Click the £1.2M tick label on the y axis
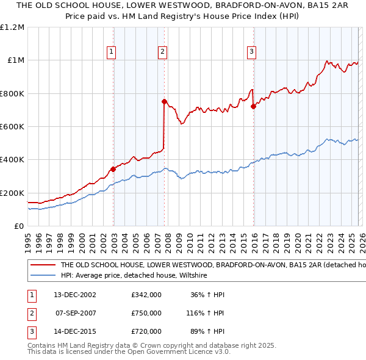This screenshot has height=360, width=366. [12, 27]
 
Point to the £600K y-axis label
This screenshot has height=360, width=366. [12, 127]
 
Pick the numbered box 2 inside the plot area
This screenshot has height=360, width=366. [163, 52]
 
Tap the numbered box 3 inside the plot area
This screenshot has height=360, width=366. [251, 52]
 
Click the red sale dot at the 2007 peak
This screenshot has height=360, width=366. [164, 102]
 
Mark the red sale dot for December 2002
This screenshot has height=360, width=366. [113, 169]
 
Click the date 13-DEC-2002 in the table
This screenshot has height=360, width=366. [75, 295]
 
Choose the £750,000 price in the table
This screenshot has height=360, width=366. [146, 313]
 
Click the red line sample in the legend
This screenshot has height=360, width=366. [43, 265]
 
